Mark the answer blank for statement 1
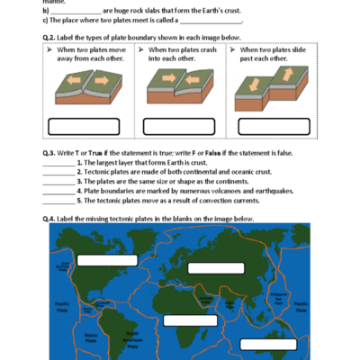tap(58, 163)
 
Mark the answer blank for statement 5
tap(58, 200)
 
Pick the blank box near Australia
tap(267, 343)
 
